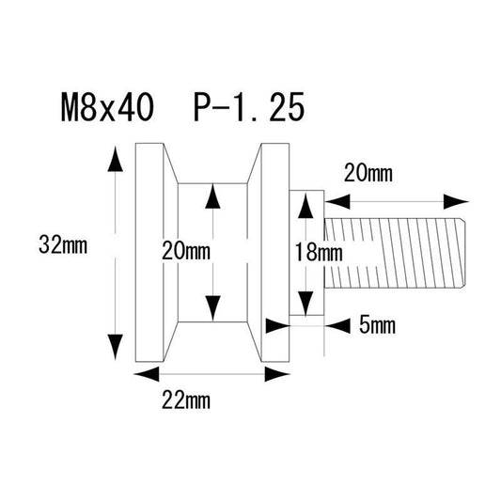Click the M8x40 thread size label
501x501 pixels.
point(107,107)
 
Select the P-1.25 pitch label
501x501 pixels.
point(249,107)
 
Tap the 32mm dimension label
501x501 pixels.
point(63,244)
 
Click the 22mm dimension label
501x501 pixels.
point(186,400)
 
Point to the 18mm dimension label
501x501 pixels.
point(319,252)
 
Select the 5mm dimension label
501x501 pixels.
point(377,325)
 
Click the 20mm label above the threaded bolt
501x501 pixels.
point(368,174)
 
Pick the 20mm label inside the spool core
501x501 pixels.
point(186,251)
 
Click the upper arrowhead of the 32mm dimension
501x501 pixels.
point(115,159)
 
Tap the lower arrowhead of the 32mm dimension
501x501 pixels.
point(115,347)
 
